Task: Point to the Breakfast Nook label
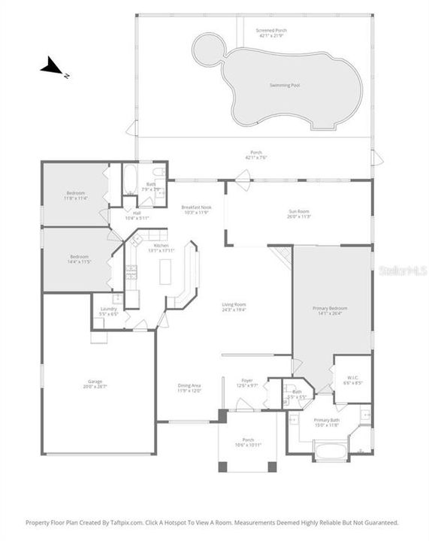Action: [196, 210]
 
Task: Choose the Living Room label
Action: [234, 307]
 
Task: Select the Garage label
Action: [95, 383]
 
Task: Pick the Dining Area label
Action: [189, 388]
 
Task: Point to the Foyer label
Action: [246, 382]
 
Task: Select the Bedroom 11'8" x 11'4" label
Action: [75, 195]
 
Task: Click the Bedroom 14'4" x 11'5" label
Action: [75, 259]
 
